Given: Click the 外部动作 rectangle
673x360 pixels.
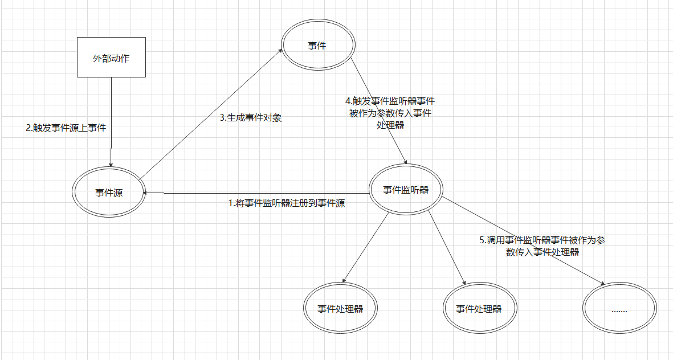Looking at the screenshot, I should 111,57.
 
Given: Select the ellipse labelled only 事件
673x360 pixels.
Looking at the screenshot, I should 317,46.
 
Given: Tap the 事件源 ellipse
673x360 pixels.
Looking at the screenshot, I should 109,193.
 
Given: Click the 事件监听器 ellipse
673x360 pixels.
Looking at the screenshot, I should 406,190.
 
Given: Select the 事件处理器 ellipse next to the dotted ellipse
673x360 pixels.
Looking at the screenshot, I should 479,309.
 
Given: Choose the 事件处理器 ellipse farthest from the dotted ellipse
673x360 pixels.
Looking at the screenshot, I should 340,309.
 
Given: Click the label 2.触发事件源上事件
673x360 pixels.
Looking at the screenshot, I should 66,128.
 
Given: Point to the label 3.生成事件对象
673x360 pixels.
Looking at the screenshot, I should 251,118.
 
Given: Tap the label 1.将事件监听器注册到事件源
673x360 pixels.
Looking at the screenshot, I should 287,203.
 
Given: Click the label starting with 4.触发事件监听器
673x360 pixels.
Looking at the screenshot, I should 390,113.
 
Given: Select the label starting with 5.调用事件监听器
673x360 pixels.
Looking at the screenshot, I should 542,246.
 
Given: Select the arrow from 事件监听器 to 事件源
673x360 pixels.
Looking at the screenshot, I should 256,193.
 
